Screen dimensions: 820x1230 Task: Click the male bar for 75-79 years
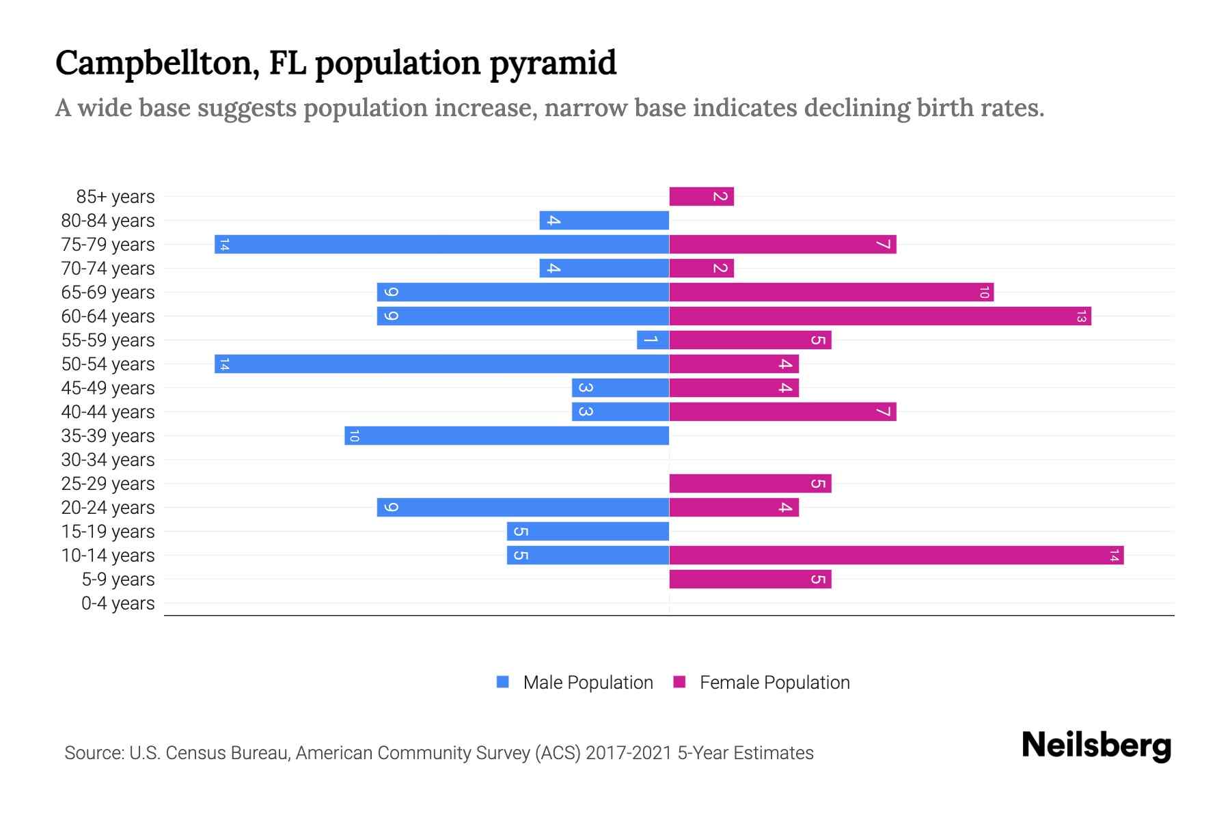coord(441,245)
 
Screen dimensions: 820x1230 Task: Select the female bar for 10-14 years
coord(896,556)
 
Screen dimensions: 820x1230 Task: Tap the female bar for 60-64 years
coord(879,316)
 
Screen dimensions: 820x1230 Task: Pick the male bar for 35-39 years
coord(506,436)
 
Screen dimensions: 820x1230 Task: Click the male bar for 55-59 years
coord(653,340)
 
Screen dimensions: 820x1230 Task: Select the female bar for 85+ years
coord(701,197)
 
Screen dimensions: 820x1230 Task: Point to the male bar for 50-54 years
coord(441,364)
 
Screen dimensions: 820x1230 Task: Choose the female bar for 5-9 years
coord(750,579)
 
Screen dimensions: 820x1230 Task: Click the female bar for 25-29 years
coord(750,484)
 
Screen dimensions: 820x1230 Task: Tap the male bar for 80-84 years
coord(604,221)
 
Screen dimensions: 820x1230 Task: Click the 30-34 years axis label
coord(108,460)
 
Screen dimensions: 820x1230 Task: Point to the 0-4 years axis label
coord(118,603)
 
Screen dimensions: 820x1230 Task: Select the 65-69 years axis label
coord(108,292)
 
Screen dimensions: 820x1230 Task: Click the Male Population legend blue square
coord(503,682)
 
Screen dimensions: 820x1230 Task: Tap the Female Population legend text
coord(774,683)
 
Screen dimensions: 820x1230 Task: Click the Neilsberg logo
coord(1096,746)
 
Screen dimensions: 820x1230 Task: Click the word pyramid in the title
coord(553,64)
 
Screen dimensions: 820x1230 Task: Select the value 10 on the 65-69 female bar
coord(983,292)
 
